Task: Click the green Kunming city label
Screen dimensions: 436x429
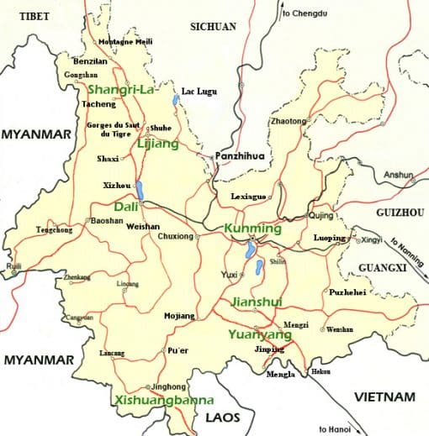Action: click(x=252, y=229)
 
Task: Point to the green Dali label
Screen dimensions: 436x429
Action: click(x=125, y=206)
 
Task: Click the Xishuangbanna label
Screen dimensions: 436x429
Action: click(x=157, y=400)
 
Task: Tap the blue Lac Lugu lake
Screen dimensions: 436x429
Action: click(x=175, y=102)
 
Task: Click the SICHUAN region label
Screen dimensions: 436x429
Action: click(x=214, y=27)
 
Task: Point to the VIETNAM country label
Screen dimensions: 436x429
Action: click(x=384, y=397)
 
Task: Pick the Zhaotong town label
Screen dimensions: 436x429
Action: click(x=288, y=121)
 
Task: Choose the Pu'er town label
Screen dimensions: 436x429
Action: click(x=178, y=349)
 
